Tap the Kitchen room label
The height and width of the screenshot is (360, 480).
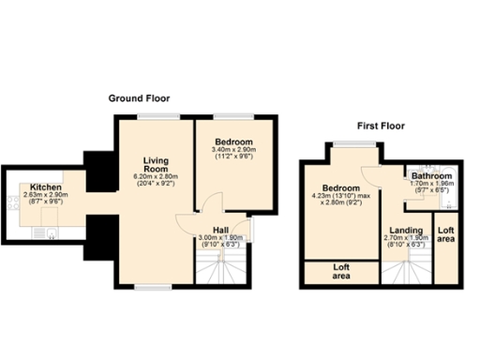click(44, 187)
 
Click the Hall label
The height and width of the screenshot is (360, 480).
click(221, 230)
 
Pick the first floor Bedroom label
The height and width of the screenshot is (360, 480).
click(337, 187)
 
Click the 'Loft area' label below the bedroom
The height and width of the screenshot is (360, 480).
click(341, 271)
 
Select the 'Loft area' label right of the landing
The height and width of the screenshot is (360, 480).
click(445, 234)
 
